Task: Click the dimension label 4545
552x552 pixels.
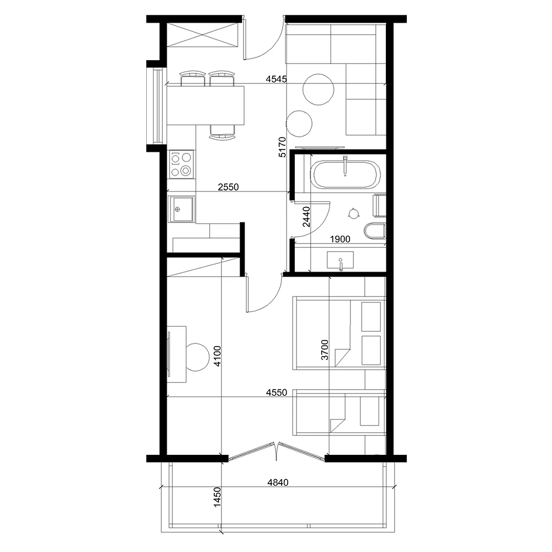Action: tap(276, 79)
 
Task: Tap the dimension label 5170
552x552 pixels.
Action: tap(282, 147)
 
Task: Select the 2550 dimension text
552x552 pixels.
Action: tap(227, 187)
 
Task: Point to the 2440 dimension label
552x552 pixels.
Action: tap(307, 217)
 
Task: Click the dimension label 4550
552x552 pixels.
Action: tap(276, 393)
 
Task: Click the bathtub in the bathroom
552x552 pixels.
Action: tap(345, 175)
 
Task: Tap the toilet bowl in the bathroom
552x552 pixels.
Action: tap(374, 231)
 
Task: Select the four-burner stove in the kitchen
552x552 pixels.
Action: tap(181, 164)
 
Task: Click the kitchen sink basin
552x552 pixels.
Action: tap(181, 210)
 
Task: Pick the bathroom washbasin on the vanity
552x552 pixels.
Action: tap(341, 260)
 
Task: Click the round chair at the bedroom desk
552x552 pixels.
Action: tap(197, 357)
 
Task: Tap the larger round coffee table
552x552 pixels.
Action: tap(319, 89)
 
